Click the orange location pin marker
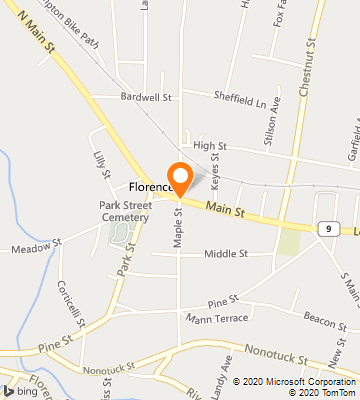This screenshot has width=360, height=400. [180, 177]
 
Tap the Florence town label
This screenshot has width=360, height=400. [146, 187]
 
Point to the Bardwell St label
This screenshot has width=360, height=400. [147, 97]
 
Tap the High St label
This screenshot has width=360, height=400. [210, 145]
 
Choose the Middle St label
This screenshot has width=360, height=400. [225, 254]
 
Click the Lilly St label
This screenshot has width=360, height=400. [101, 164]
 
